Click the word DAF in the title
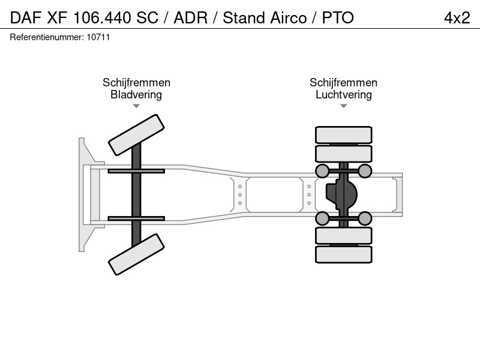25,18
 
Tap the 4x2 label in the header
457,18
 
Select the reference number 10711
98,37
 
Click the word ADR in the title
190,18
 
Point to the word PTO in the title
338,18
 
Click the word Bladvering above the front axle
136,95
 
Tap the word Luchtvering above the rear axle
343,95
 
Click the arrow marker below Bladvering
136,106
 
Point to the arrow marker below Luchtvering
343,106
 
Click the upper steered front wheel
136,135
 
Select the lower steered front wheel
136,254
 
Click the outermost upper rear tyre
343,134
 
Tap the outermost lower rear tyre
343,254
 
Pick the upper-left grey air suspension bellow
322,171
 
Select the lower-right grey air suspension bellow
365,218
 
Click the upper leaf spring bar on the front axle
136,171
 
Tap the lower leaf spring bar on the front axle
136,218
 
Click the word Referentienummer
47,37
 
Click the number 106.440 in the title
102,18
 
